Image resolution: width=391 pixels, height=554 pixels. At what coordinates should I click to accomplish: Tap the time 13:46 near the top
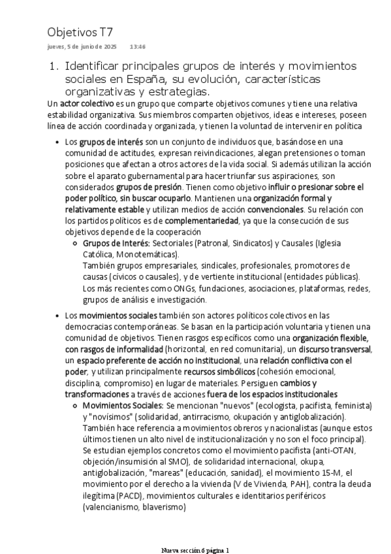pyautogui.click(x=137, y=47)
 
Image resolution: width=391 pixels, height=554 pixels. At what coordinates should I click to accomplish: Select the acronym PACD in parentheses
pyautogui.click(x=131, y=495)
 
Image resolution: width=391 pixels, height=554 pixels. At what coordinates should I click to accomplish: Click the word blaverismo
pyautogui.click(x=157, y=506)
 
